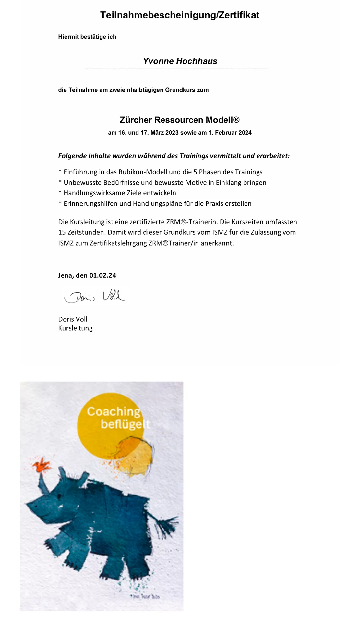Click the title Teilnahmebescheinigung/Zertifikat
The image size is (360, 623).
[x=180, y=15]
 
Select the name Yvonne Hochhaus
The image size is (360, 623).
[x=180, y=61]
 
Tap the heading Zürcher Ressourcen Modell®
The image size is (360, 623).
[x=179, y=120]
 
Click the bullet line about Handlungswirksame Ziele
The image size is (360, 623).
[x=117, y=193]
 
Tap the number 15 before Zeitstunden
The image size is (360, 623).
[x=62, y=233]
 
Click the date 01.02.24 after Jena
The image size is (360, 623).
[x=103, y=275]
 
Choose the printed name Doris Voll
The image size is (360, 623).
[x=73, y=319]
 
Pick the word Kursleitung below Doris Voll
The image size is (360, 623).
[x=75, y=328]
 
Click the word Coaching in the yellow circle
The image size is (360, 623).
[x=114, y=411]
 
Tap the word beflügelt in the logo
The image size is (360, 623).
[x=125, y=424]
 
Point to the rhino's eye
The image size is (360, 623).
[x=59, y=496]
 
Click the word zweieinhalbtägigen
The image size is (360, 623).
[x=136, y=90]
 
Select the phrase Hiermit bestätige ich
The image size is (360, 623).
[x=87, y=37]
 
